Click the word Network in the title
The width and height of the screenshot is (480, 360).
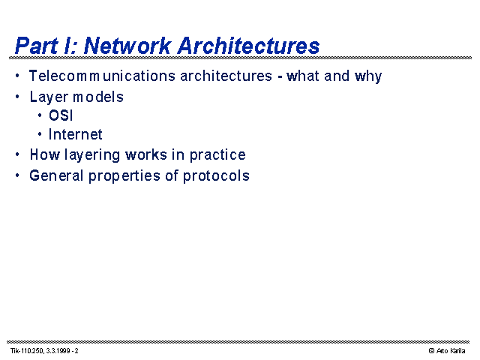pyautogui.click(x=127, y=46)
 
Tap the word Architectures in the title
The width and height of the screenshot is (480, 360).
pyautogui.click(x=248, y=46)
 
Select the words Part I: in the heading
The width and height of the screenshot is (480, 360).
pyautogui.click(x=46, y=46)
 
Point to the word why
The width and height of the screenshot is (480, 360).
pyautogui.click(x=368, y=76)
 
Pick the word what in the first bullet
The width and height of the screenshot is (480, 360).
pyautogui.click(x=303, y=76)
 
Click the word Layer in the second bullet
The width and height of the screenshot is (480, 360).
pyautogui.click(x=49, y=97)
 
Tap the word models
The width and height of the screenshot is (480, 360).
pyautogui.click(x=98, y=97)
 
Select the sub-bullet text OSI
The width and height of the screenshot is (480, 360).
pyautogui.click(x=61, y=115)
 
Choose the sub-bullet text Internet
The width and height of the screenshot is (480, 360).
pyautogui.click(x=75, y=134)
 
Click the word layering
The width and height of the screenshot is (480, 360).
pyautogui.click(x=92, y=155)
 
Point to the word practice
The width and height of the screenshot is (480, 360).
pyautogui.click(x=217, y=155)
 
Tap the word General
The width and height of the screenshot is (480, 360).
pyautogui.click(x=56, y=175)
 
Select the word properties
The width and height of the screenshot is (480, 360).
pyautogui.click(x=124, y=176)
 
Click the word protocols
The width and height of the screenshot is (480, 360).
pyautogui.click(x=216, y=176)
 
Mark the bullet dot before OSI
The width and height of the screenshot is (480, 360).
pyautogui.click(x=40, y=115)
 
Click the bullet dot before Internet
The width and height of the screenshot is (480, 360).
pyautogui.click(x=40, y=134)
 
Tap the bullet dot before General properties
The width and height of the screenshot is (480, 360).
pyautogui.click(x=17, y=175)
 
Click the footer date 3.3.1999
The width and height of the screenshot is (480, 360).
pyautogui.click(x=58, y=351)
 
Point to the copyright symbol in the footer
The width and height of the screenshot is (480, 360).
pyautogui.click(x=432, y=351)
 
